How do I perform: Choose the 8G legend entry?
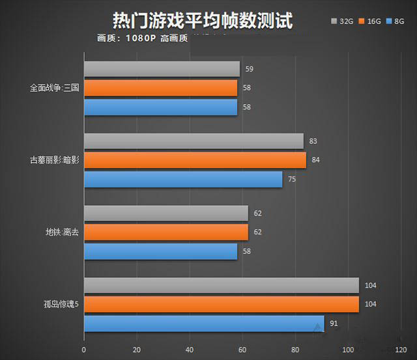coord(397,21)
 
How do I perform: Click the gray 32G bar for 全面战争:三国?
coord(162,69)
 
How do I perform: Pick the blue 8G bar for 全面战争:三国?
coord(160,107)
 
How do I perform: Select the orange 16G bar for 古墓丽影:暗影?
coord(195,159)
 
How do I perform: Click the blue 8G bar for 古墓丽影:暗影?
coord(183,178)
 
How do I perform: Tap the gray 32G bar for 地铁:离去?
coord(165,213)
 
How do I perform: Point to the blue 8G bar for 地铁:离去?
coord(160,251)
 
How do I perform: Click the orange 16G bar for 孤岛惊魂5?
coord(221,304)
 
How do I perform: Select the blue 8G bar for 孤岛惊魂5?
coord(203,323)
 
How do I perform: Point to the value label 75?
coord(292,178)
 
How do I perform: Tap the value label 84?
coord(316,159)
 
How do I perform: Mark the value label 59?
coord(250,68)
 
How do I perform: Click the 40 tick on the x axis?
coord(190,350)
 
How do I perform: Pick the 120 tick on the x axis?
coord(401,350)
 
